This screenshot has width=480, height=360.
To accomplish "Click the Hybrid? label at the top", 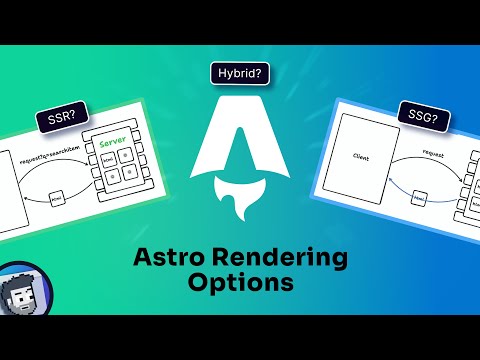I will (x=240, y=74).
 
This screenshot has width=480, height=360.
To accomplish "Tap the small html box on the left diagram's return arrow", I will (x=56, y=200).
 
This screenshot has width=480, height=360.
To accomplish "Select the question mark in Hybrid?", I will (x=266, y=74).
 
